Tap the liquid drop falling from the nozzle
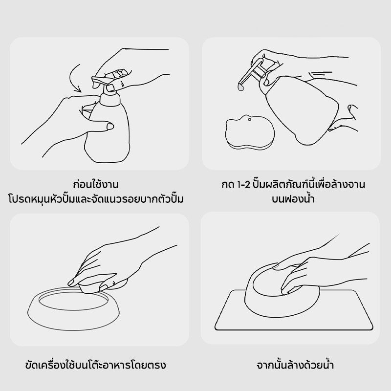pyautogui.click(x=240, y=87)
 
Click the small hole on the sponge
pyautogui.click(x=249, y=120)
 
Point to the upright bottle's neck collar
pyautogui.click(x=110, y=99)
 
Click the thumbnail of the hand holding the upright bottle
pyautogui.click(x=109, y=127)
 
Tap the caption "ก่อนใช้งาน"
pyautogui.click(x=96, y=184)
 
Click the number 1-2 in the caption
pyautogui.click(x=243, y=185)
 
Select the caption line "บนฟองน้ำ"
pyautogui.click(x=293, y=199)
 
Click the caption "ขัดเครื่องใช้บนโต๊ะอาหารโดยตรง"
pyautogui.click(x=95, y=365)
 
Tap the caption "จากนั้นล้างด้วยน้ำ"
pyautogui.click(x=295, y=365)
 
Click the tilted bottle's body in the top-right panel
pyautogui.click(x=302, y=109)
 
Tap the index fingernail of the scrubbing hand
pyautogui.click(x=71, y=282)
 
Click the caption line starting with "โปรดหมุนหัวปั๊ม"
pyautogui.click(x=96, y=199)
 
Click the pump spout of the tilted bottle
pyautogui.click(x=248, y=74)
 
